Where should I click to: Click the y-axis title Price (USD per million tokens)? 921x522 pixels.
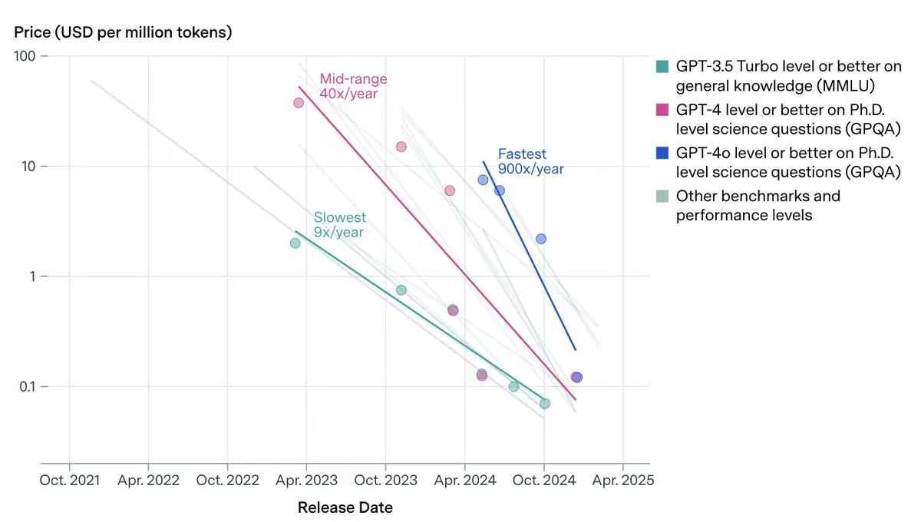click(123, 32)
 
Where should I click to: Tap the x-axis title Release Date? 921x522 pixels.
click(345, 507)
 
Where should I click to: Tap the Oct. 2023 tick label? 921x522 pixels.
click(385, 481)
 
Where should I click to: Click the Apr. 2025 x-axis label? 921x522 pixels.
click(622, 481)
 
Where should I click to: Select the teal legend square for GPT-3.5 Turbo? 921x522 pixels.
click(662, 65)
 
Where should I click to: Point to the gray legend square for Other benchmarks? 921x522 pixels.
click(662, 196)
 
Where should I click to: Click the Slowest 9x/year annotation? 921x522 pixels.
click(339, 225)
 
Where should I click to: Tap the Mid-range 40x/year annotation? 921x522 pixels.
click(353, 86)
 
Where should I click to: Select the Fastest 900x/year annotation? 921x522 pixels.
click(530, 161)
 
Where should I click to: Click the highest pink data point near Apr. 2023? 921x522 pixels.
click(299, 103)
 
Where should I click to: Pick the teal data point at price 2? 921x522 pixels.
click(295, 243)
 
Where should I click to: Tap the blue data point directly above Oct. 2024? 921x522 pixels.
click(541, 239)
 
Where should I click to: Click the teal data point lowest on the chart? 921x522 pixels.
click(545, 403)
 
